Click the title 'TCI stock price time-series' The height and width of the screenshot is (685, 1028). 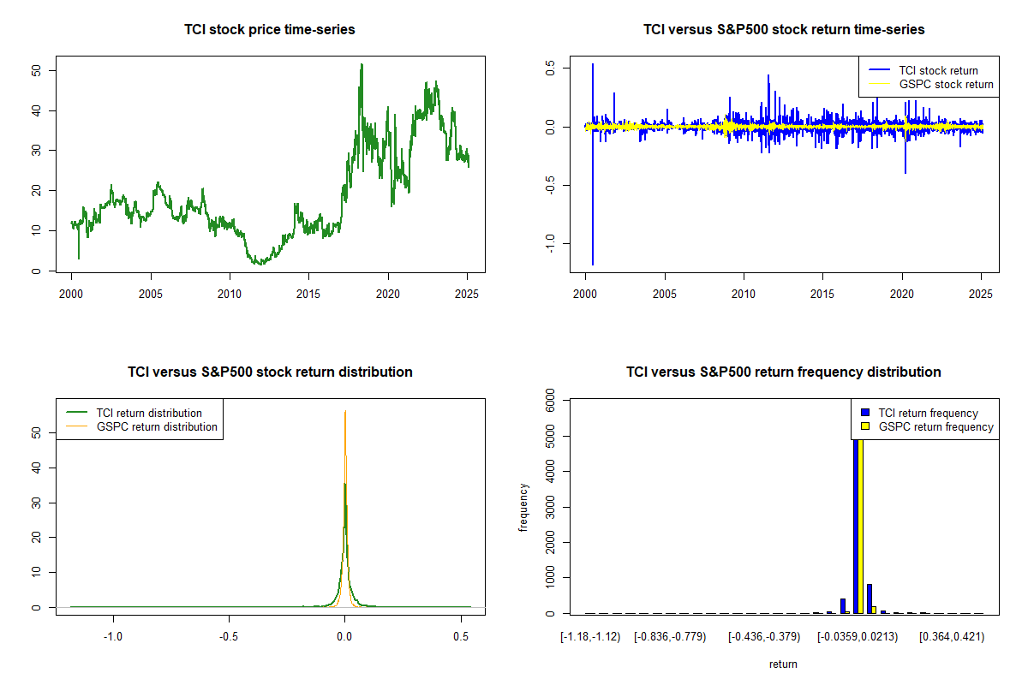269,30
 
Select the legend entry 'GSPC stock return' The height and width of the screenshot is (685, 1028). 946,84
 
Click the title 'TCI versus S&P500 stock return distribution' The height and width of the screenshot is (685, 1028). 270,372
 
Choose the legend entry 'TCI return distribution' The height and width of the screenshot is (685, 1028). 149,413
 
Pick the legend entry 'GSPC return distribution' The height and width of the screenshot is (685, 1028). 157,426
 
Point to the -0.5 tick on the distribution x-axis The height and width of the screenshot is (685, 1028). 228,636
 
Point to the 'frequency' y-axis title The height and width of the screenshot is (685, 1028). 523,507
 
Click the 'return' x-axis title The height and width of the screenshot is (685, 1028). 783,664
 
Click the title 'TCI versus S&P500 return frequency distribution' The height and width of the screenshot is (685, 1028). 784,372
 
